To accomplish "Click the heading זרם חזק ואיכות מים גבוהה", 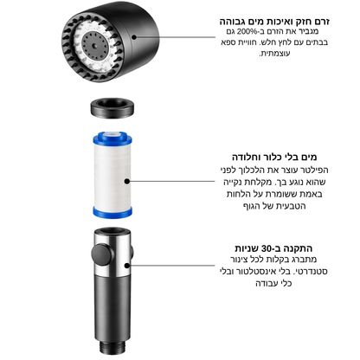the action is point(274,22).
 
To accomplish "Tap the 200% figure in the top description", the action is point(247,31).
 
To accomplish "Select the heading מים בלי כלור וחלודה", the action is point(274,157).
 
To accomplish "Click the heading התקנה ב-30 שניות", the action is point(273,248).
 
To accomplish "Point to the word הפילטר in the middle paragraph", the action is point(314,170).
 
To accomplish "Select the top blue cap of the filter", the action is point(112,138).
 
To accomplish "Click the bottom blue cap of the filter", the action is point(112,212).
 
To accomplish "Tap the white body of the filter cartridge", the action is point(112,176).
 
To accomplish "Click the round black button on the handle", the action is point(101,254).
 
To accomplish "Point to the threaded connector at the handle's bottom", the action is point(112,348).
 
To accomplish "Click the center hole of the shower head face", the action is point(94,46).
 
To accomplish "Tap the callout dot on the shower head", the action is point(134,37).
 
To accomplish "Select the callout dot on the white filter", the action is point(127,182).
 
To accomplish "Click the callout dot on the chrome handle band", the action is point(126,266).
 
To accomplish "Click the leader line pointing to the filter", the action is point(172,182).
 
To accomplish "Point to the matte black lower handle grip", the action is point(112,309).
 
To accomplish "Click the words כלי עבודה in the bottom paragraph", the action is point(273,283).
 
